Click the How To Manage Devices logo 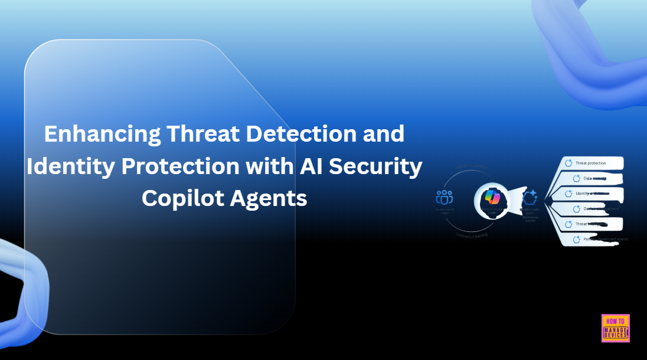coord(616,328)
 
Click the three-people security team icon coord(445,197)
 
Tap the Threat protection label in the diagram coord(592,163)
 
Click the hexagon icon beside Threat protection coord(570,163)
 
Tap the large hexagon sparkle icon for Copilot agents coord(530,197)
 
